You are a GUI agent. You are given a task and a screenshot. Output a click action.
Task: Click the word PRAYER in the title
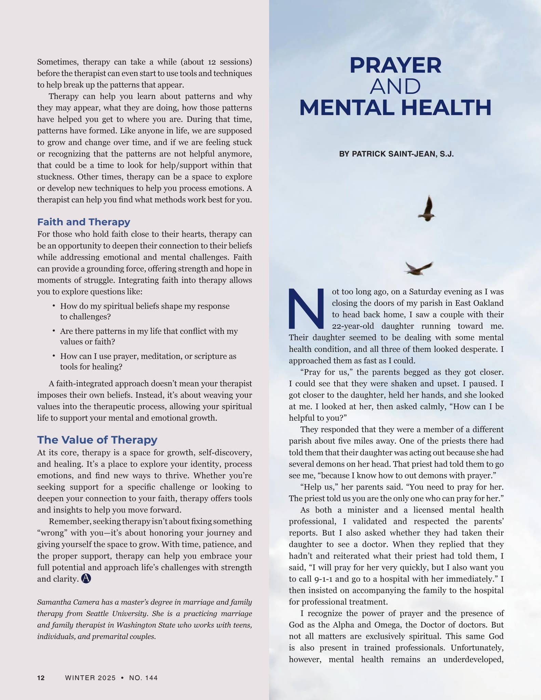click(395, 65)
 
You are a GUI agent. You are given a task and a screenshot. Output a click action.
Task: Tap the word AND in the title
click(395, 86)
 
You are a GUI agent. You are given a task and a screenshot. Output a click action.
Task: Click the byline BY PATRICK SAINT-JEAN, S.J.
click(396, 154)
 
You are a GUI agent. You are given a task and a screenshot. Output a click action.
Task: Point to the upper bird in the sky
click(427, 209)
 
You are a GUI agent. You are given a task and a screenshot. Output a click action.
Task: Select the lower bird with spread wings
click(418, 268)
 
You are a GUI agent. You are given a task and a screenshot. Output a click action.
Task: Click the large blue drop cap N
click(306, 308)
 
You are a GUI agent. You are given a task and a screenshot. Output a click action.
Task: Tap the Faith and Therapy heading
click(84, 222)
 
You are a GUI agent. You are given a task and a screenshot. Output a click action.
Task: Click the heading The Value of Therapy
click(97, 440)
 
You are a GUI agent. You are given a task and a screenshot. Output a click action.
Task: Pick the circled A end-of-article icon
click(86, 578)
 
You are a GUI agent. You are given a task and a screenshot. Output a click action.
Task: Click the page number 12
click(41, 678)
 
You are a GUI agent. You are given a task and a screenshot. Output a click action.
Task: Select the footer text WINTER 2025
click(90, 678)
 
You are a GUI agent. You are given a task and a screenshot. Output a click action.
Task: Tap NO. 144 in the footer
click(143, 678)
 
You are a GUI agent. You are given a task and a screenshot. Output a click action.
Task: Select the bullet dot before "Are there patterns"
click(54, 331)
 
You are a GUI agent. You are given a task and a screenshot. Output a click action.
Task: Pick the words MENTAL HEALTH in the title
click(395, 108)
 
